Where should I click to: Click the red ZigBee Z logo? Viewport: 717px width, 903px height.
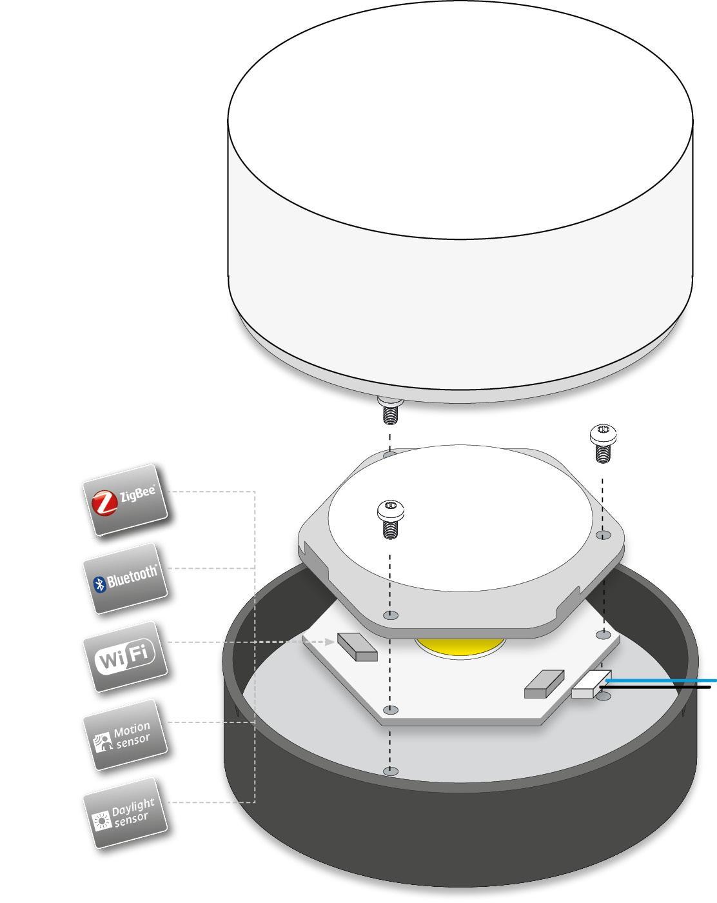pos(104,504)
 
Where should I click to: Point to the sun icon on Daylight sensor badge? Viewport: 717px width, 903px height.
pos(102,820)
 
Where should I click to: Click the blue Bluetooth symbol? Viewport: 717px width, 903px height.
pos(99,584)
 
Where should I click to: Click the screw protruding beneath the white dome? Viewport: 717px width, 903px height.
pos(389,411)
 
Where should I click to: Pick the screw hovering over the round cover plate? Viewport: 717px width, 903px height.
pos(390,519)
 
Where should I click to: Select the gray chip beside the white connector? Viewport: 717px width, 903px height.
pos(544,684)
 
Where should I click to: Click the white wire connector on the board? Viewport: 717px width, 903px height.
pos(591,684)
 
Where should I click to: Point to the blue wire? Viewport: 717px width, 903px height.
pos(664,680)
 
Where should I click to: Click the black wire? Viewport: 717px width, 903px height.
pos(664,688)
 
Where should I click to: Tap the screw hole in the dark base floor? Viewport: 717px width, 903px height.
pos(389,771)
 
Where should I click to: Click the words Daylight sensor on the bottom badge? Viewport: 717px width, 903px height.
pos(133,811)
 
